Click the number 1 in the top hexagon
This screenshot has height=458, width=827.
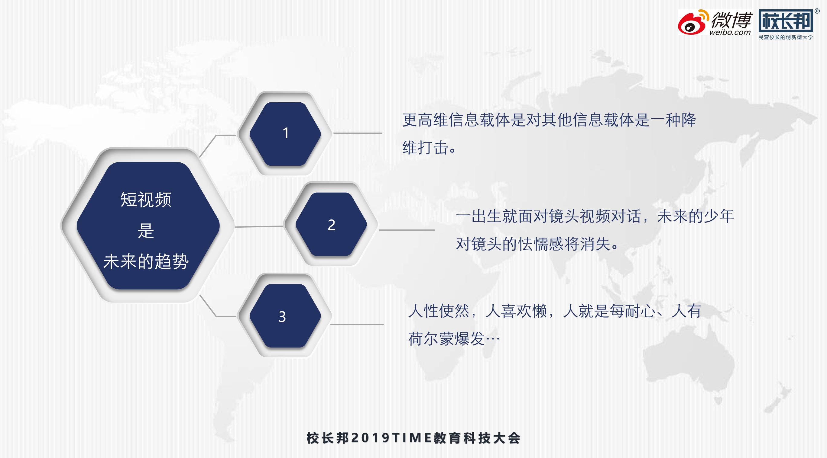286,133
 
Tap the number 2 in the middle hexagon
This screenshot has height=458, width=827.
331,225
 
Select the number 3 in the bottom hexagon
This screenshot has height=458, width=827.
282,317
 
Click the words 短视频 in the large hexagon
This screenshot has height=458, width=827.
146,199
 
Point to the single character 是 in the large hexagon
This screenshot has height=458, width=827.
146,230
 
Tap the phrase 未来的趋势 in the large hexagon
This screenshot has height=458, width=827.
146,261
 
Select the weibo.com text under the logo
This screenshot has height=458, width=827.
730,32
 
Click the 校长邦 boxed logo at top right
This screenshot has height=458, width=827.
785,20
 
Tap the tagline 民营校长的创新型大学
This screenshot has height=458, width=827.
785,37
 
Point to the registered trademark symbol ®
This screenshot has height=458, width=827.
817,11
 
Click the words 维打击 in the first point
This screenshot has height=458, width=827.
425,148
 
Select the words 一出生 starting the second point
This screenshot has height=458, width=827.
479,216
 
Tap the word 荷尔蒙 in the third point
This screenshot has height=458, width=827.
431,339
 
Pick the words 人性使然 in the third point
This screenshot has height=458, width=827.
439,311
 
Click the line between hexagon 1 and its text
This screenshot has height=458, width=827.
358,133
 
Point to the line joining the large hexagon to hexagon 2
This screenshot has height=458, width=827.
259,226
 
